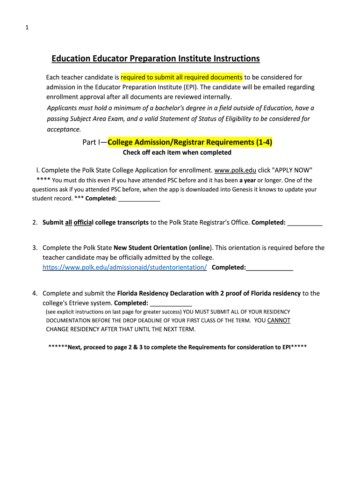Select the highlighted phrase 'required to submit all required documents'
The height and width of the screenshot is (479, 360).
click(x=181, y=77)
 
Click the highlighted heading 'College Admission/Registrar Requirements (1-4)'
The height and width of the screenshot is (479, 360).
click(x=190, y=142)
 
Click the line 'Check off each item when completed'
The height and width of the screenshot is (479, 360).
click(x=177, y=152)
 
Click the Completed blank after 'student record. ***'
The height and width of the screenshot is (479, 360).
click(x=139, y=198)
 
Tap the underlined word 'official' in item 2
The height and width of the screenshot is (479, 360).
click(x=84, y=223)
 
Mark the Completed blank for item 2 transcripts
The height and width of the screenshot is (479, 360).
click(x=305, y=223)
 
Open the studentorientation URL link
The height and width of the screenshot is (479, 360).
click(x=125, y=268)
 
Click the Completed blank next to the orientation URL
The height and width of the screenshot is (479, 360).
click(x=270, y=268)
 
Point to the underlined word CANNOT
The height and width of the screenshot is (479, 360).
click(x=279, y=320)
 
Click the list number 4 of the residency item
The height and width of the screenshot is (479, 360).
click(x=35, y=293)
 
